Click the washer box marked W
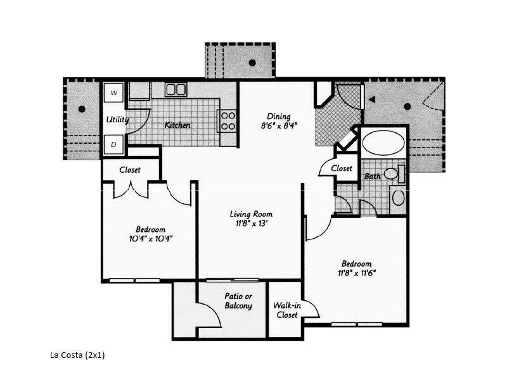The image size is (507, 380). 114,92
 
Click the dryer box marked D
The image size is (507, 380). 114,144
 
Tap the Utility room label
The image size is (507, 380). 117,119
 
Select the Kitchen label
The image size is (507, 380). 177,125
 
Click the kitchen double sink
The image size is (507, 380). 176,90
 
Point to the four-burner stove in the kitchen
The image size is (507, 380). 228,120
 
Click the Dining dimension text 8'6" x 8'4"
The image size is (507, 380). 278,125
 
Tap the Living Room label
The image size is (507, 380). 251,214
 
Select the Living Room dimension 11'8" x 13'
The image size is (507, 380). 251,223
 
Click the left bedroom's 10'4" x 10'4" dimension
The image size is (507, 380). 151,239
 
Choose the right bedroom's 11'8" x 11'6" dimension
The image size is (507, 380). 356,273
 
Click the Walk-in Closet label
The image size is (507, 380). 285,310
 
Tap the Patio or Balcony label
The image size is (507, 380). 238,301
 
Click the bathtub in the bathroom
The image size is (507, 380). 383,142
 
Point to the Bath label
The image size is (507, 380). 373,175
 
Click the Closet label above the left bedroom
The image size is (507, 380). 130,170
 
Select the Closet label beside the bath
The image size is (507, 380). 341,168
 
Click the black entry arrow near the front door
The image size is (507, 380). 373,99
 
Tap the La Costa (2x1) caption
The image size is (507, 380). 77,355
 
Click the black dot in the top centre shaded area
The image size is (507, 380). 252,62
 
